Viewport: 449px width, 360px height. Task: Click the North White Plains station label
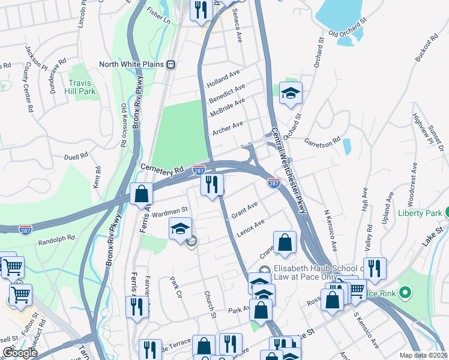[132, 64]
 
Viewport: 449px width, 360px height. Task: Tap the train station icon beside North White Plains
[171, 64]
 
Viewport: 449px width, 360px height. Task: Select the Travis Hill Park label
[82, 87]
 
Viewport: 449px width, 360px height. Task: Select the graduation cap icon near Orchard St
[291, 93]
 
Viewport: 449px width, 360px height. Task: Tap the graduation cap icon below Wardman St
[180, 230]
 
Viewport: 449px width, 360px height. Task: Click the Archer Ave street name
[229, 128]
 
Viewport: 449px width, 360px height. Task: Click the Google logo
[20, 353]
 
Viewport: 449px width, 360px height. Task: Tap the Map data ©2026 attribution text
[423, 355]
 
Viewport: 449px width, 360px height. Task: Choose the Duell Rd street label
[76, 157]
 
